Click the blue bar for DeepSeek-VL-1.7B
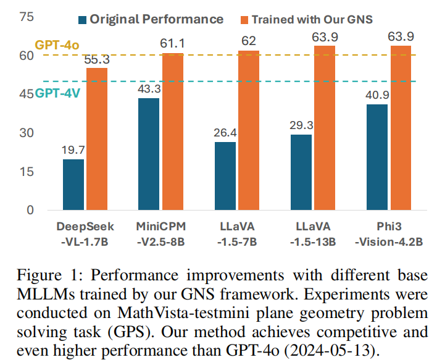[73, 185]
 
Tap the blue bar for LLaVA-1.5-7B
[225, 176]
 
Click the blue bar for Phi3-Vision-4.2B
[377, 157]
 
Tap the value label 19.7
[73, 151]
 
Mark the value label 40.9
[377, 96]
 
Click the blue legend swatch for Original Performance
[82, 19]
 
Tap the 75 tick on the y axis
[27, 17]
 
